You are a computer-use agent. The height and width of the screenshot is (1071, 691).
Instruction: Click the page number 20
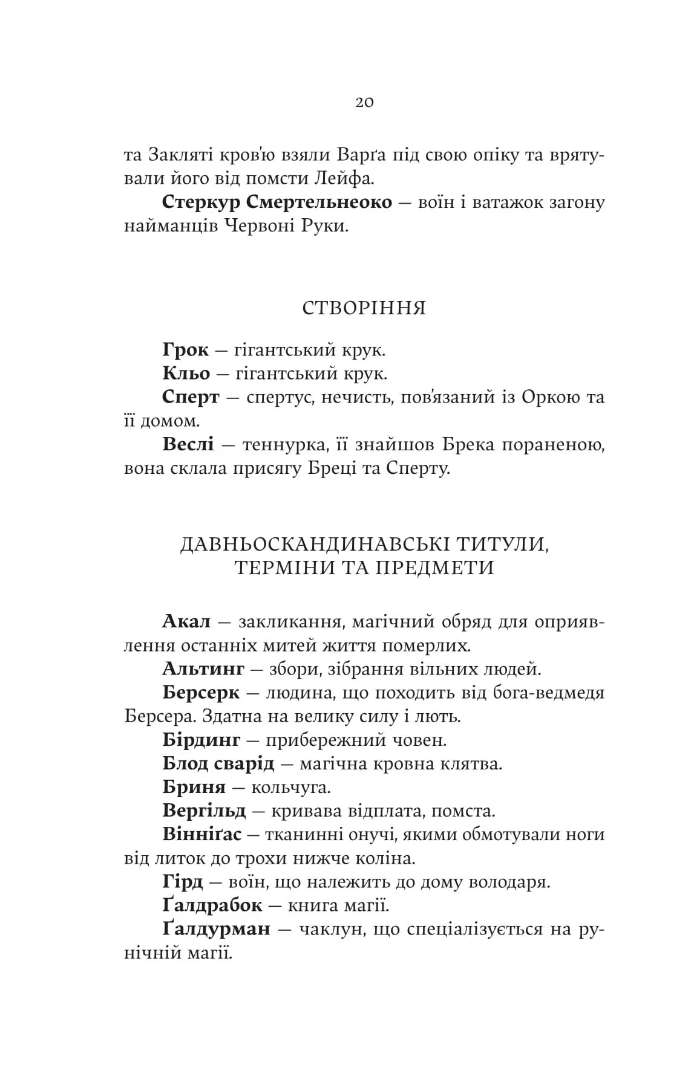[364, 102]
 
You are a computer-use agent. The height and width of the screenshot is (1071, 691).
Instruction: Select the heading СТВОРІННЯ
[364, 308]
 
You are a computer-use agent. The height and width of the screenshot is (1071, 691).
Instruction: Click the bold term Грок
[185, 350]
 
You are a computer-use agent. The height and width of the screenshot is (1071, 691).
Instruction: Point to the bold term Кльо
[186, 374]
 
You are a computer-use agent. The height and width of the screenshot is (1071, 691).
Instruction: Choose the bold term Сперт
[191, 398]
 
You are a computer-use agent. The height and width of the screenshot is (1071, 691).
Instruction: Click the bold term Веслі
[188, 445]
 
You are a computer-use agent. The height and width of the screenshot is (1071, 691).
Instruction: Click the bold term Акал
[186, 621]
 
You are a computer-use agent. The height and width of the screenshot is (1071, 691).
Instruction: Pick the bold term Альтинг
[203, 669]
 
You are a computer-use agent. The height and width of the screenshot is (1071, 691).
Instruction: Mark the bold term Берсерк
[201, 693]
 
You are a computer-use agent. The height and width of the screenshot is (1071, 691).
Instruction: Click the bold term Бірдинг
[201, 740]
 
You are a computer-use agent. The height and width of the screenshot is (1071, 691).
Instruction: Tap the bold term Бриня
[194, 788]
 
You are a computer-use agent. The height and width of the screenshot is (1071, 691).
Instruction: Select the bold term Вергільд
[204, 811]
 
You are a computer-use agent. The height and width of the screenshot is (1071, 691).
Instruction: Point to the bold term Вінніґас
[201, 835]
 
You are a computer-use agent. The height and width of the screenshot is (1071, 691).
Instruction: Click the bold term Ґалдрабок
[212, 905]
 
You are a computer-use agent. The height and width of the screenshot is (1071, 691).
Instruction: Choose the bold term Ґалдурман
[216, 929]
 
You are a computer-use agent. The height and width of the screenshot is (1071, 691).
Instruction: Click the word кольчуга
[291, 788]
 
